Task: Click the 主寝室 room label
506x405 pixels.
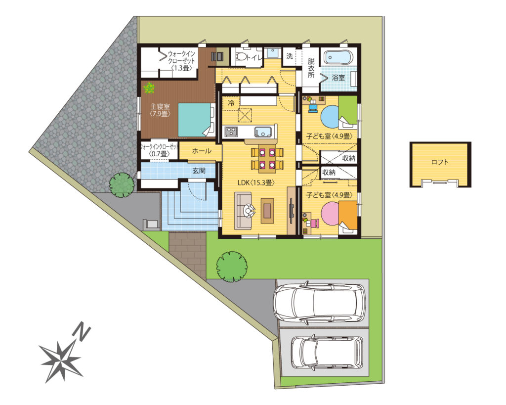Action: coord(160,107)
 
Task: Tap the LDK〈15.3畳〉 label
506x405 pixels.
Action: coord(256,182)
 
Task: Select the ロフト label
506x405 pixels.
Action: coord(440,162)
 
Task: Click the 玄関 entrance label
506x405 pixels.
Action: coord(199,170)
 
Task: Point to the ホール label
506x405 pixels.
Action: coord(202,151)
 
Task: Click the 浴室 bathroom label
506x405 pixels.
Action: coord(338,78)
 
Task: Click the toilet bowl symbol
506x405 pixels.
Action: coord(241,56)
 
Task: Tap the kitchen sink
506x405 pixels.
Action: coord(264,132)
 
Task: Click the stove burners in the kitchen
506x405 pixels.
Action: coord(231,132)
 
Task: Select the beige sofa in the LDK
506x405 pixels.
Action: coord(243,211)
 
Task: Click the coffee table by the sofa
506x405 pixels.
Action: coord(267,211)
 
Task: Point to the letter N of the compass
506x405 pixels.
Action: coord(83,333)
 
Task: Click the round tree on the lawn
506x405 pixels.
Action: coord(232,267)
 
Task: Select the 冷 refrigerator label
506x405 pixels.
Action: coord(231,104)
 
